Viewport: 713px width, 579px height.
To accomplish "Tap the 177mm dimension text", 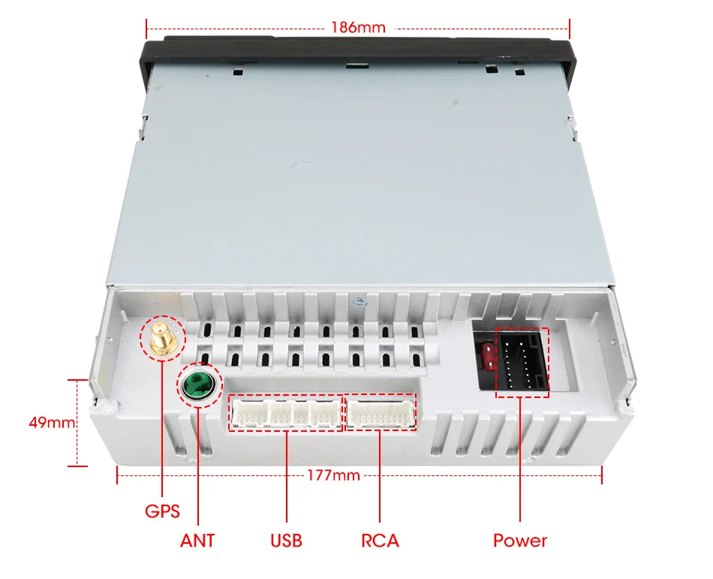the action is click(x=333, y=475).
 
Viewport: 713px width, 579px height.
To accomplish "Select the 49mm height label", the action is click(x=51, y=423).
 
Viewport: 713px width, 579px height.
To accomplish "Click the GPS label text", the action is click(x=162, y=512).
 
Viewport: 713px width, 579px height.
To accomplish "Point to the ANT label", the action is click(x=197, y=541).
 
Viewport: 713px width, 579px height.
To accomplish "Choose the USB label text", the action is click(x=286, y=541).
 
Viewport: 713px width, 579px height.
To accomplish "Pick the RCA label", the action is click(x=380, y=541).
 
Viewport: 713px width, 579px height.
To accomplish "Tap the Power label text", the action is click(x=520, y=541).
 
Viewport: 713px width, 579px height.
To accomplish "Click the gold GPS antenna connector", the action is click(x=160, y=338).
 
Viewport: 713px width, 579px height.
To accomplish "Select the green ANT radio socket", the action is click(x=198, y=387).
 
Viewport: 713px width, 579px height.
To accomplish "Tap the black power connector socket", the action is click(x=523, y=362).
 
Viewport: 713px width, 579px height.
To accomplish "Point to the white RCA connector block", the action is click(x=380, y=413).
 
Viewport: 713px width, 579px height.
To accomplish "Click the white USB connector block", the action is click(x=285, y=413).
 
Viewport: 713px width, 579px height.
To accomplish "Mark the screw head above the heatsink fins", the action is click(x=360, y=302).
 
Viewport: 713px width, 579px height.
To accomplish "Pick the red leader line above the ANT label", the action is click(x=197, y=466).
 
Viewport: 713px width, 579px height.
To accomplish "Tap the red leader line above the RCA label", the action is click(x=380, y=477).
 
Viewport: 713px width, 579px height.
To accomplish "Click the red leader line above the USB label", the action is click(x=286, y=477).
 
